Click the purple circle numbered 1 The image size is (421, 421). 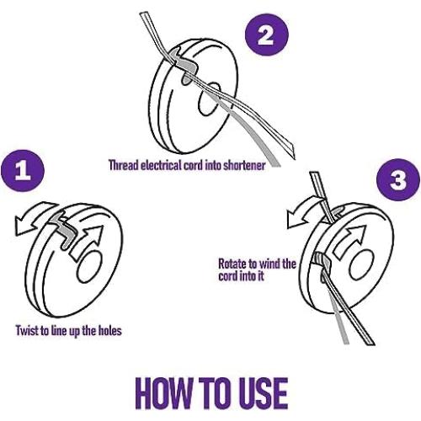pos(23,171)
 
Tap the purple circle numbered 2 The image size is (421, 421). pos(267,35)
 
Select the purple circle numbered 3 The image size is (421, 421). pos(398,179)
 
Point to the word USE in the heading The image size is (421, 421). pos(259,393)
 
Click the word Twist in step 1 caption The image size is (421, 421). pos(27,330)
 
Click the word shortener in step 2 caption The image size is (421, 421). pos(244,165)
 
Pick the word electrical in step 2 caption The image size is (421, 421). pos(161,165)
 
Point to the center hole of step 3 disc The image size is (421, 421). pos(361,265)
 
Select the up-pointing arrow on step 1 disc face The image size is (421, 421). pos(88,242)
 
